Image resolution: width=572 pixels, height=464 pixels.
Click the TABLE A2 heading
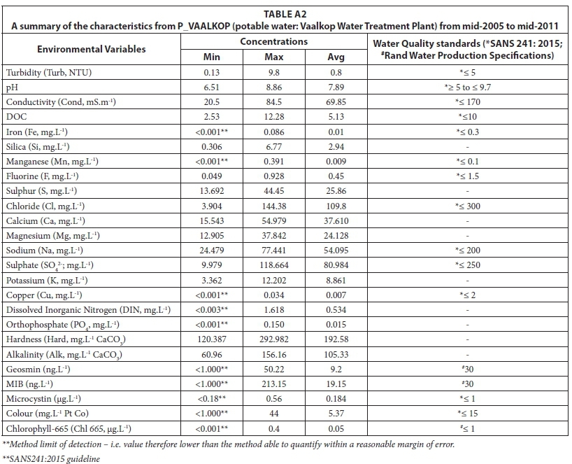[285, 13]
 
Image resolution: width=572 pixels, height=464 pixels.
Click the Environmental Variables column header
[92, 49]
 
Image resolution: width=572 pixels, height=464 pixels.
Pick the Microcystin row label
[45, 399]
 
